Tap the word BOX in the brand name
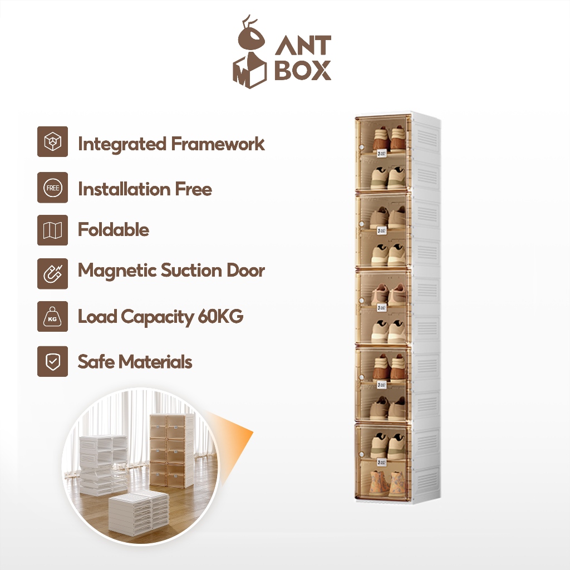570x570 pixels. pyautogui.click(x=303, y=71)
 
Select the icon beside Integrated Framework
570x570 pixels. pyautogui.click(x=53, y=142)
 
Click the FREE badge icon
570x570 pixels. pyautogui.click(x=53, y=188)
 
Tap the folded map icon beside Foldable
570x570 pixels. pyautogui.click(x=53, y=230)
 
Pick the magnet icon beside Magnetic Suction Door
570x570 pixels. pyautogui.click(x=53, y=273)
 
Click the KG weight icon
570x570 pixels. pyautogui.click(x=53, y=317)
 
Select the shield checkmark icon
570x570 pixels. pyautogui.click(x=53, y=361)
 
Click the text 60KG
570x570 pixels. pyautogui.click(x=220, y=317)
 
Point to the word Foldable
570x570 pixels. pyautogui.click(x=114, y=230)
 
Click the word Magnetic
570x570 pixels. pyautogui.click(x=117, y=271)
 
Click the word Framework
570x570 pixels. pyautogui.click(x=218, y=144)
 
